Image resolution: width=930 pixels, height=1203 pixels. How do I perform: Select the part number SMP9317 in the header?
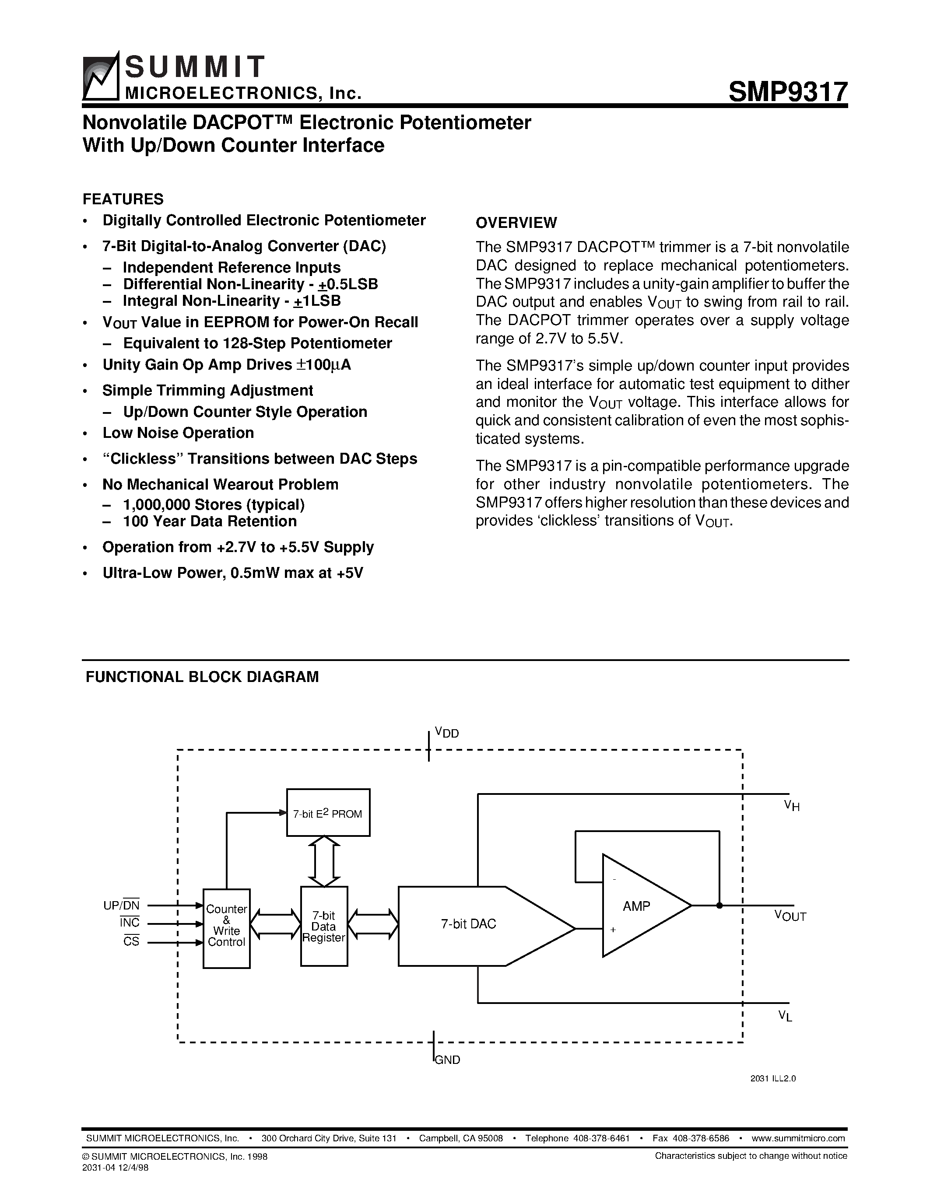coord(788,91)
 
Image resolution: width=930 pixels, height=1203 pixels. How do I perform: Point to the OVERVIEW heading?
coord(516,223)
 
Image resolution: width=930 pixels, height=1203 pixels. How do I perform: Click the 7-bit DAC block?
coord(468,924)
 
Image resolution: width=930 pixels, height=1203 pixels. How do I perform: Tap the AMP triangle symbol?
coord(639,906)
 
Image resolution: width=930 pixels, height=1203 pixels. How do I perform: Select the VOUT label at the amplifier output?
coord(790,916)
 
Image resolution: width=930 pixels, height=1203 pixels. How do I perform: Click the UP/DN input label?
coord(122,905)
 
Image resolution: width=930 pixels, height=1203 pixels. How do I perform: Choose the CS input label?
coord(131,941)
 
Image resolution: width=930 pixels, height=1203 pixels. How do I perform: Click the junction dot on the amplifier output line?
coord(719,905)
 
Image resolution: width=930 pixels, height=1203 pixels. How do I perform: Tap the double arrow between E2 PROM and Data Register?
coord(324,861)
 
